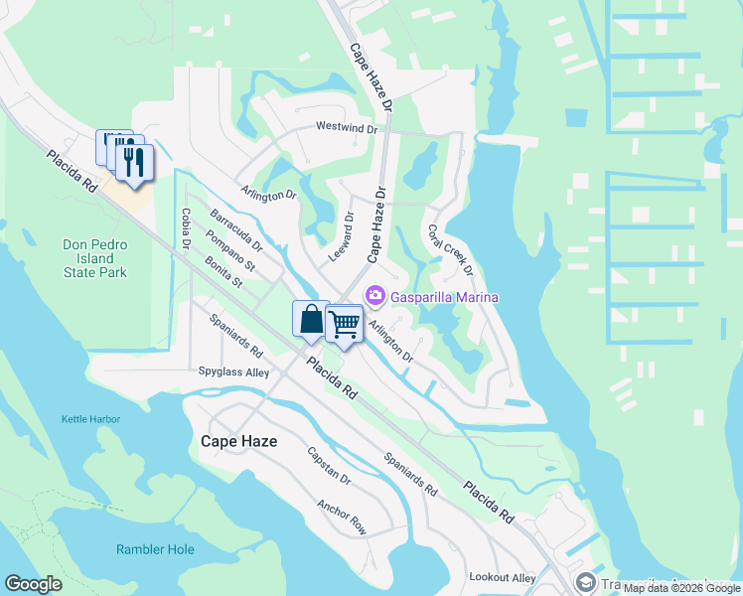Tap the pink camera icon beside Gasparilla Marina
pos(375,296)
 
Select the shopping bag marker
pos(311,320)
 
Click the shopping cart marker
pos(344,324)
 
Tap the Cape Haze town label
pos(238,440)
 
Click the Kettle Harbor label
pos(90,419)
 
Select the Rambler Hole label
pos(154,549)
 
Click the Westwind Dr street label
pos(347,128)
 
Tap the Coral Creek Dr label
pos(452,250)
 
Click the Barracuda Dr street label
pos(235,229)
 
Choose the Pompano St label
pos(229,249)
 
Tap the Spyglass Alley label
pos(233,372)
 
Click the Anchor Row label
pos(342,517)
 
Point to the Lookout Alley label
pos(503,577)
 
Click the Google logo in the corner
pos(33,584)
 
